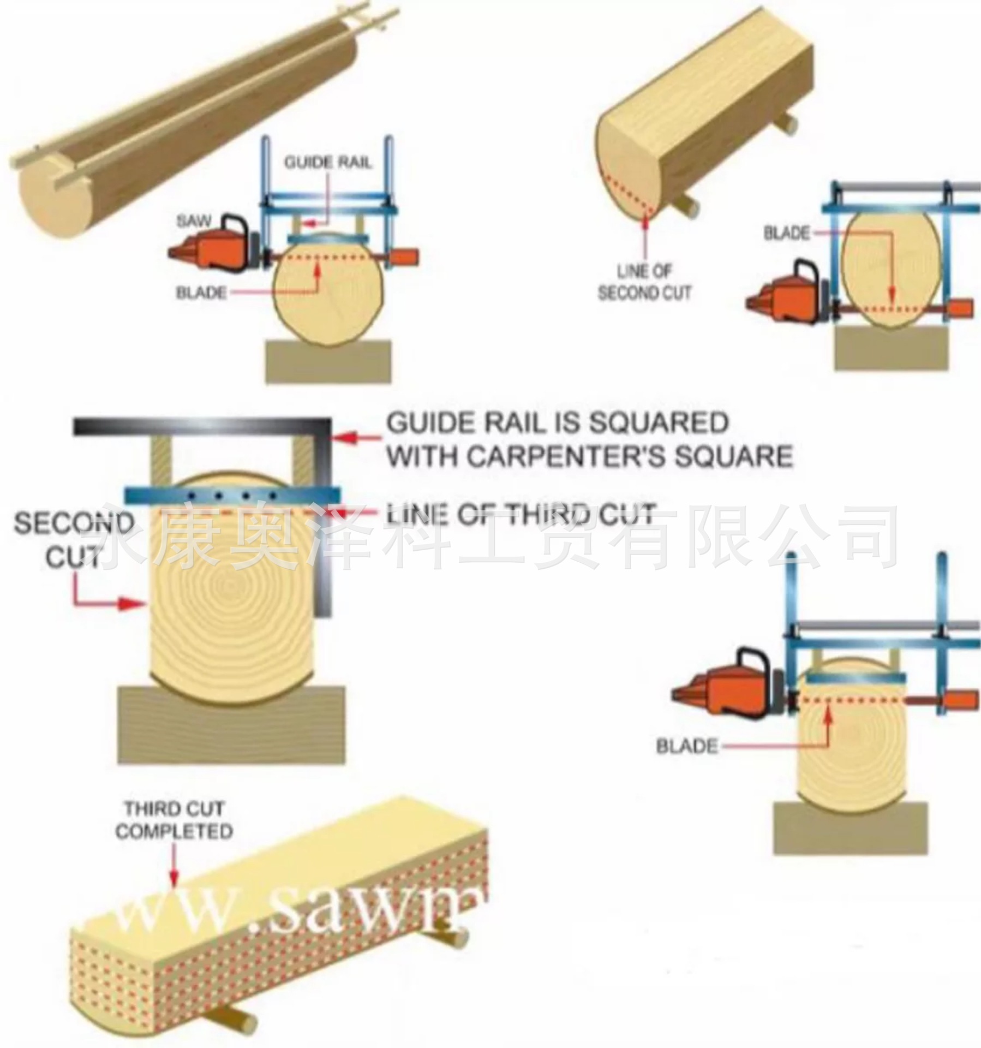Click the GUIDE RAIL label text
tap(328, 162)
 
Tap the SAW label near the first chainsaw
tap(194, 221)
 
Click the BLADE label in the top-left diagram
tap(201, 293)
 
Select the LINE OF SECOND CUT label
tap(644, 282)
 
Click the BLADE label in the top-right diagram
tap(786, 233)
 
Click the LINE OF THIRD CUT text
tap(521, 514)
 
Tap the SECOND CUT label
tap(74, 539)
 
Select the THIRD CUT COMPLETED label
tap(174, 820)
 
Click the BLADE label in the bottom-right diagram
tap(686, 746)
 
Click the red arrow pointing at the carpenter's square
tap(355, 437)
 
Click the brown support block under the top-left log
tap(329, 361)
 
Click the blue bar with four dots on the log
tap(232, 496)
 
